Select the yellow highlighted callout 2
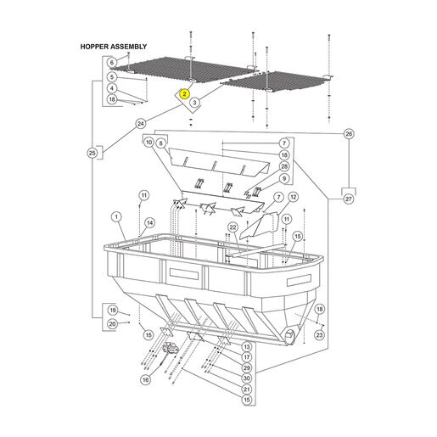(x=184, y=94)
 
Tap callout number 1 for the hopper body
(x=116, y=217)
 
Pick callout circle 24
(x=141, y=124)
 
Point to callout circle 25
(x=92, y=154)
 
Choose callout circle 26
(x=349, y=134)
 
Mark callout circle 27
(x=349, y=199)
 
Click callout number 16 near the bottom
(x=145, y=379)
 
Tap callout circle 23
(x=319, y=335)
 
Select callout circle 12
(x=293, y=197)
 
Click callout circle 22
(x=233, y=227)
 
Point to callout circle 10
(x=149, y=143)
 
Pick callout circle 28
(x=284, y=166)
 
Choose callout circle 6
(x=112, y=63)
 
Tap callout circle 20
(x=112, y=324)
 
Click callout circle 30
(x=247, y=378)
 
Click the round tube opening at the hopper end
(x=290, y=337)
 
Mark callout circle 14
(x=150, y=223)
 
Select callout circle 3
(x=194, y=102)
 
